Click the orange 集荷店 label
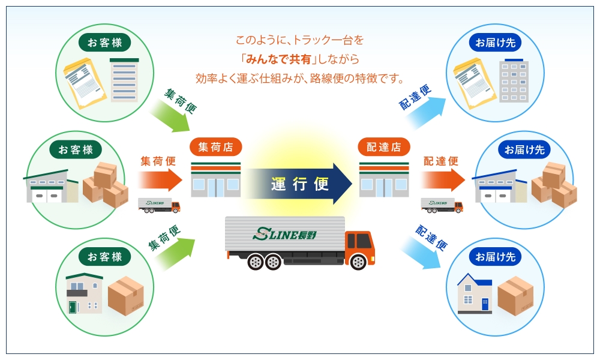(215, 147)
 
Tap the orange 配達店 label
(384, 147)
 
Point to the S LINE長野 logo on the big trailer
(286, 233)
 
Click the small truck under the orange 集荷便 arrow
(159, 205)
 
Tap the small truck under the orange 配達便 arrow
(442, 205)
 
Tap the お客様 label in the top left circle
(105, 42)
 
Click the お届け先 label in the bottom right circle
(495, 257)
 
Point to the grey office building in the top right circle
(515, 82)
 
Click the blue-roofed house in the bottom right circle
(475, 294)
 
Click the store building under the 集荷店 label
(215, 180)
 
